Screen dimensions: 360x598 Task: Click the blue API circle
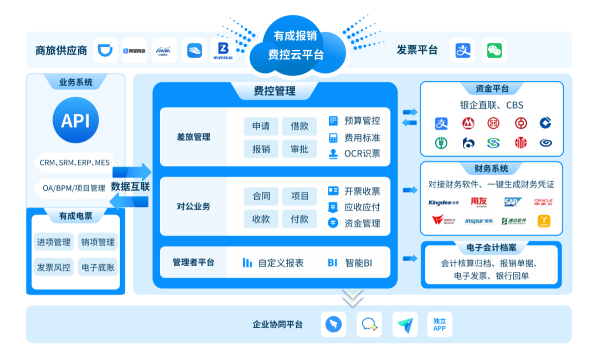tap(75, 121)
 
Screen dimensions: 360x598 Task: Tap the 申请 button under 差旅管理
tap(261, 126)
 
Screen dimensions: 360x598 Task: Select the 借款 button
tap(299, 126)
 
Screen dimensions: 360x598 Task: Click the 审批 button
tap(299, 149)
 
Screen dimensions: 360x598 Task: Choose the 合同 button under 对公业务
tap(261, 196)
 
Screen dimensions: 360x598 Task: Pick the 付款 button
tap(299, 219)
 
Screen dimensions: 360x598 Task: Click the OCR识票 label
tap(362, 154)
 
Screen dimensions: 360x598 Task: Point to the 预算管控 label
tap(362, 121)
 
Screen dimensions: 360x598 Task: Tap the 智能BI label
tap(358, 263)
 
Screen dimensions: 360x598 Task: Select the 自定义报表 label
tap(280, 263)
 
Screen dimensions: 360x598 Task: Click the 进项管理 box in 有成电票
tap(54, 242)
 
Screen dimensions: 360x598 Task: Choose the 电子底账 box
tap(97, 267)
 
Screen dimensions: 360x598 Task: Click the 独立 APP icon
tap(439, 324)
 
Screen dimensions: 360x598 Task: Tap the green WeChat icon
tap(494, 50)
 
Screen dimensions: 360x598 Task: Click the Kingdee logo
tap(444, 202)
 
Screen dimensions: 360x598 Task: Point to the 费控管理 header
tap(275, 91)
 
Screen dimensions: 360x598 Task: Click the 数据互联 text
tap(130, 186)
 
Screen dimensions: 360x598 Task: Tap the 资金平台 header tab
tap(492, 89)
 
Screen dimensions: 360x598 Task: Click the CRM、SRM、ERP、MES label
tap(75, 163)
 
